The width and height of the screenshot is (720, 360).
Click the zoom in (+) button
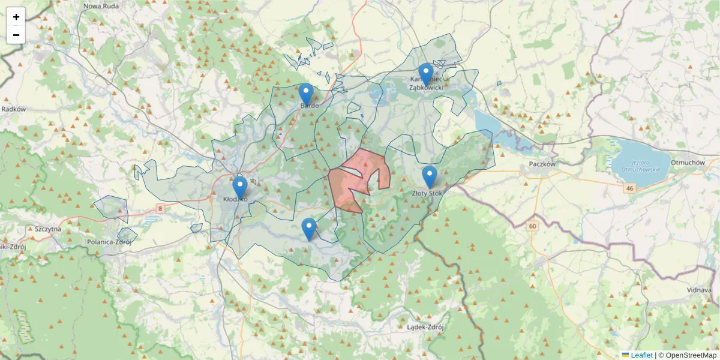tap(16, 17)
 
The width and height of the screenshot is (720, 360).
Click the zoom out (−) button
tap(16, 35)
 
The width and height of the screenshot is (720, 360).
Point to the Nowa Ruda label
tap(100, 6)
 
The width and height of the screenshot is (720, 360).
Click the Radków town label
tap(13, 109)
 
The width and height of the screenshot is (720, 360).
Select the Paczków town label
tap(544, 164)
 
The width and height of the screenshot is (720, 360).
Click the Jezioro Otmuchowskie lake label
tap(640, 165)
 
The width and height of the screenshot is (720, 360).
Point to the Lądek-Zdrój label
tap(424, 327)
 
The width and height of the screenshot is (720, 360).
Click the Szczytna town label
tap(49, 229)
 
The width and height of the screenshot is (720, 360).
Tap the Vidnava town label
tap(700, 290)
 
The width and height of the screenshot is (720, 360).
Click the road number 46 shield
tap(629, 188)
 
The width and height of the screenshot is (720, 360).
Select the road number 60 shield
tap(532, 226)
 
